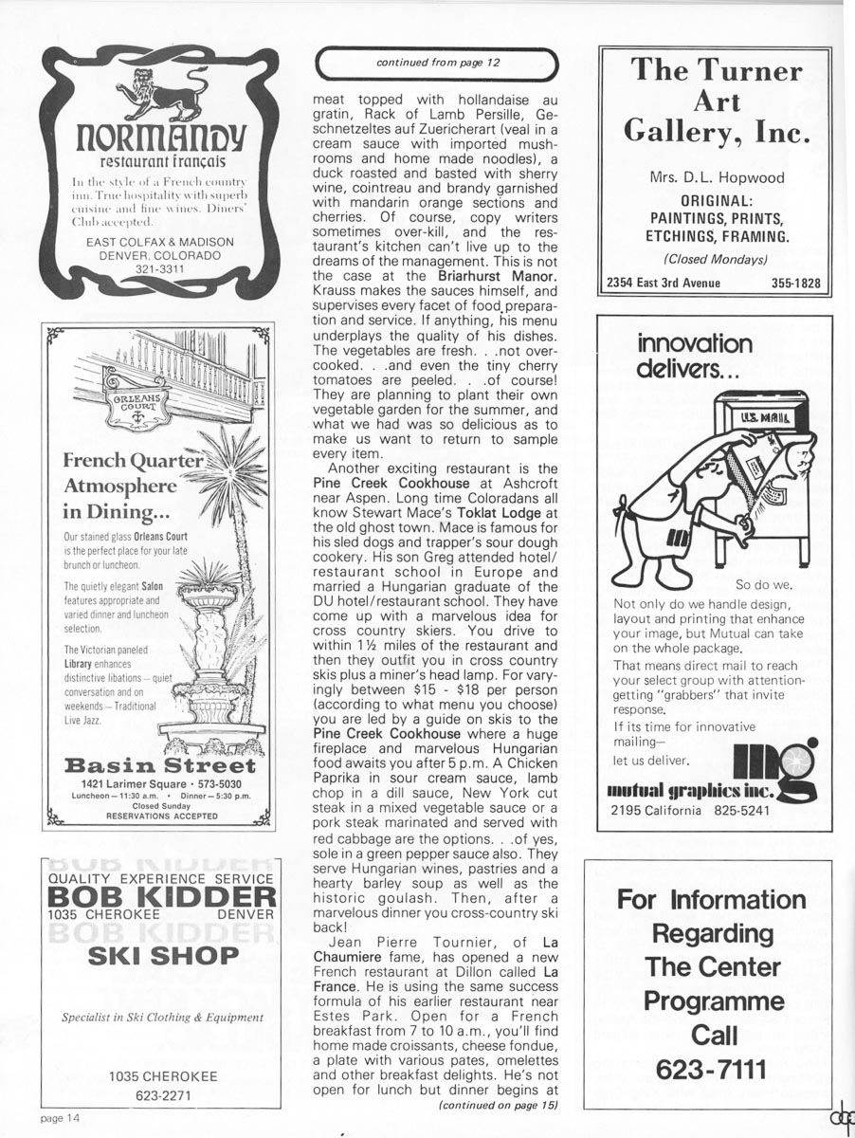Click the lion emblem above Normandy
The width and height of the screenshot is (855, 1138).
click(157, 93)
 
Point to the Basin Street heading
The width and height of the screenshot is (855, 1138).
click(158, 765)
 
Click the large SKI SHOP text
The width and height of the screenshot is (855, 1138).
click(163, 955)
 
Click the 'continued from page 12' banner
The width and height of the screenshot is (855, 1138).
click(438, 63)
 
